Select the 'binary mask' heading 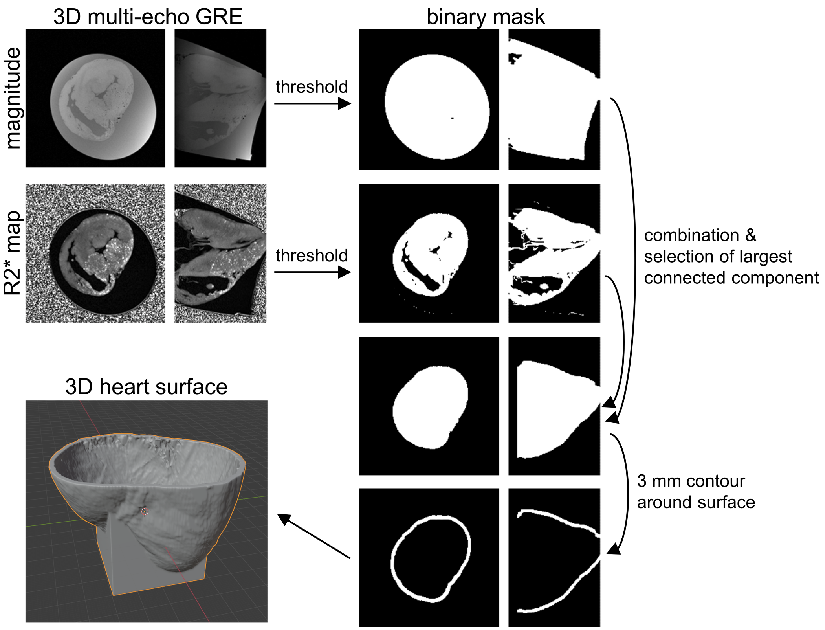[486, 17]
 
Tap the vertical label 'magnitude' [13, 98]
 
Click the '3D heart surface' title [146, 387]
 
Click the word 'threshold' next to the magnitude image [312, 87]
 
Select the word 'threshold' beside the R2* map [312, 255]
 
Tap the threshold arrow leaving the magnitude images [312, 103]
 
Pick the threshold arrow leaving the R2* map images [312, 272]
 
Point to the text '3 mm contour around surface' [695, 491]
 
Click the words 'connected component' [731, 278]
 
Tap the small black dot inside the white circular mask [453, 118]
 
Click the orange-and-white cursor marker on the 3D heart [145, 511]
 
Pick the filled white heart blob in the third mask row [431, 407]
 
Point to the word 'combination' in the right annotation [692, 235]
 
